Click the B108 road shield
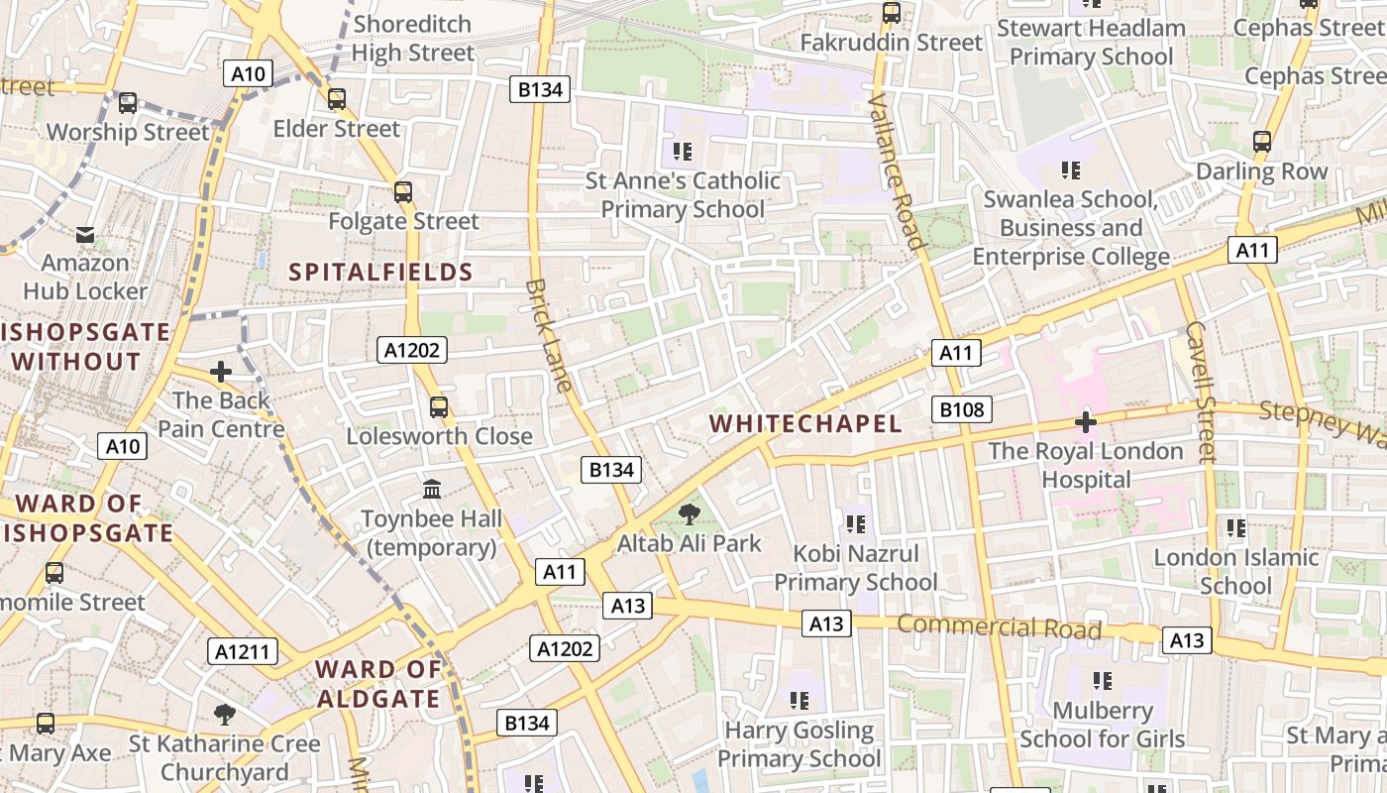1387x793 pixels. click(961, 409)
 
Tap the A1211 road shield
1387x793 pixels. click(243, 651)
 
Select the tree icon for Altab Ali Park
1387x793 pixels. click(689, 514)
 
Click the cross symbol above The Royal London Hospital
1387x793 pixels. click(1086, 422)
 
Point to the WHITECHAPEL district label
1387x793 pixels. click(805, 424)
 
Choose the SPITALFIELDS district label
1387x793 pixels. click(380, 272)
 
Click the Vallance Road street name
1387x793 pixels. click(897, 170)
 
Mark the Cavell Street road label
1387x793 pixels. click(1200, 392)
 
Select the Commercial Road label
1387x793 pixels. click(999, 627)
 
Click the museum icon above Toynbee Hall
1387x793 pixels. click(432, 489)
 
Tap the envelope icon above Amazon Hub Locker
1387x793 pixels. click(85, 235)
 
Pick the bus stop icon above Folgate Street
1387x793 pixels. click(402, 192)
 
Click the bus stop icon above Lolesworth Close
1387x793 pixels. click(438, 406)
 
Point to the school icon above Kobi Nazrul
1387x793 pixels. click(855, 523)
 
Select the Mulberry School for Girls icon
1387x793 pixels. click(1102, 681)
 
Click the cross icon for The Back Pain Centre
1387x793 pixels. click(221, 372)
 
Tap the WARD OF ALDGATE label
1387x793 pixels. click(377, 684)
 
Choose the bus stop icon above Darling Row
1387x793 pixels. click(1261, 142)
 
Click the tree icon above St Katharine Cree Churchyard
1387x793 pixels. click(225, 714)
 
